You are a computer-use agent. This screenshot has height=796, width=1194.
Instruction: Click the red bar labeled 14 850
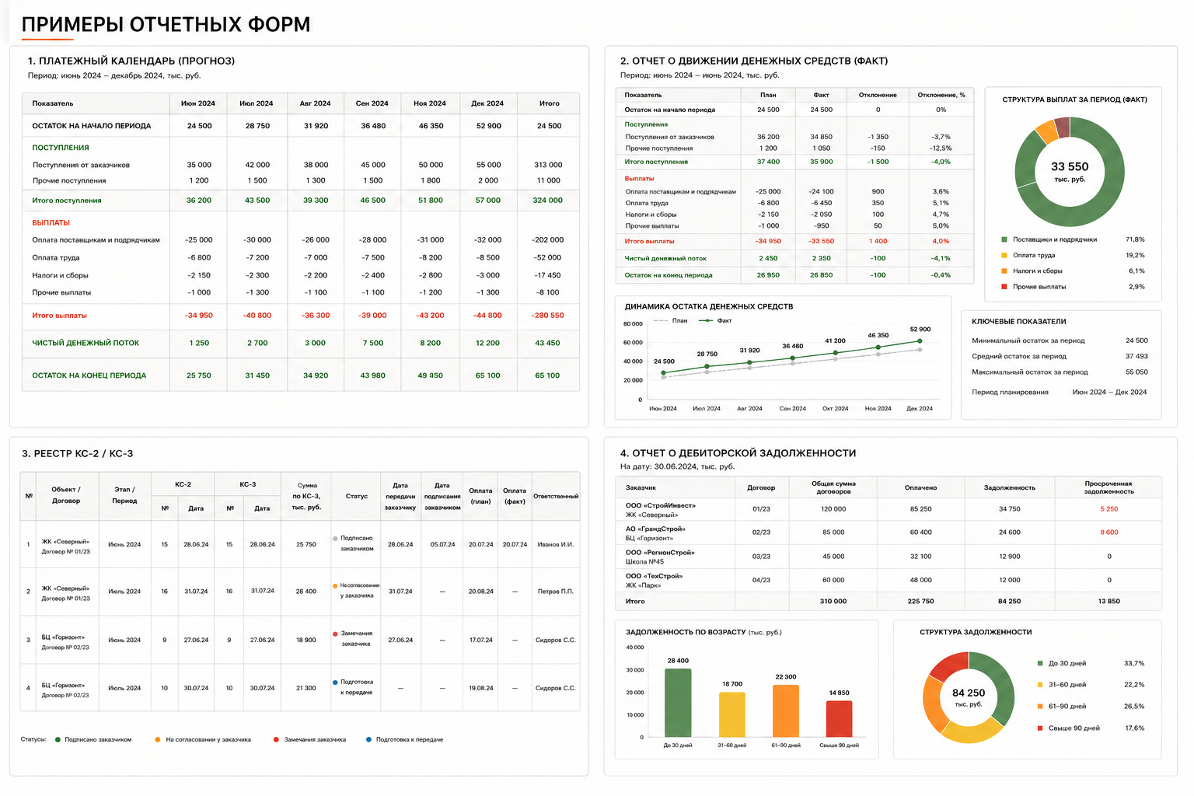pos(839,719)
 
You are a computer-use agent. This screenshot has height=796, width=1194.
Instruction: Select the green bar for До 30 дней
pos(678,703)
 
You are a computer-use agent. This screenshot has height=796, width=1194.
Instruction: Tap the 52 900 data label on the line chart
pos(920,330)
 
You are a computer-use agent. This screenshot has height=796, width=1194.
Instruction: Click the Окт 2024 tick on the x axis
pos(835,408)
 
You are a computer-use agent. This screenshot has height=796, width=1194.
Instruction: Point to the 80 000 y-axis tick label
pos(633,323)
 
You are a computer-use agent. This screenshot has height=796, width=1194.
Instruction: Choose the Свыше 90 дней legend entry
pos(1091,728)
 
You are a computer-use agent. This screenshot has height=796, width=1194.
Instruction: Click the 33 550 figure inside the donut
pos(1070,167)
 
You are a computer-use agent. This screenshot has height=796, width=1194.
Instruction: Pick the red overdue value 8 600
pos(1108,532)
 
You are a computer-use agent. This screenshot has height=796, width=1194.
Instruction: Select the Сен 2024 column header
pos(372,103)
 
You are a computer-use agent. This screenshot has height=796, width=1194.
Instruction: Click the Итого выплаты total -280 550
pos(547,315)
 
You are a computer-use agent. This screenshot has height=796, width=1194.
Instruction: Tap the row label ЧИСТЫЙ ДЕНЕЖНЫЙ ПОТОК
pos(86,343)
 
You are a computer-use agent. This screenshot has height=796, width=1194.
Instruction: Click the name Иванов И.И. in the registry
pos(556,544)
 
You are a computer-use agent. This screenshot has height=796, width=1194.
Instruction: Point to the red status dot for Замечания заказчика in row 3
pos(335,634)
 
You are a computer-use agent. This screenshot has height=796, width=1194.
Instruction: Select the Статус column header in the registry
pos(356,496)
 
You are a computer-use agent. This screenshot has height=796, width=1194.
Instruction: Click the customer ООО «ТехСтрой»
pos(654,576)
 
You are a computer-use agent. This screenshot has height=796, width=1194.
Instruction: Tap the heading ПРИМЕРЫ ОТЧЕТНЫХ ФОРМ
pos(166,25)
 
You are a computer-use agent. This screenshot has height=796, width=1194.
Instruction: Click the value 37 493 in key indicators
pos(1136,356)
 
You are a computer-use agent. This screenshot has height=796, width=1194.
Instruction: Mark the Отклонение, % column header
pos(941,95)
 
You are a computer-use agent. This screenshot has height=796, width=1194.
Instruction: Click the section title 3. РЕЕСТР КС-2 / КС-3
pos(77,454)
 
